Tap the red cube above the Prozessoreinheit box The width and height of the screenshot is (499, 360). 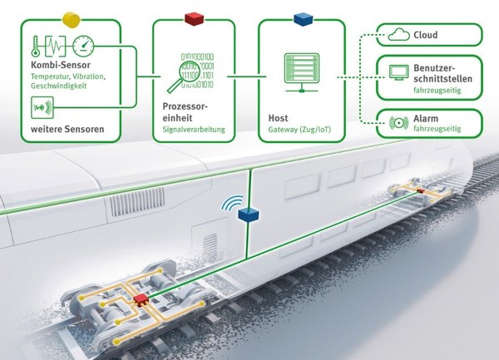click(194, 17)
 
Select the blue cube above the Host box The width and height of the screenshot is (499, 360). click(301, 17)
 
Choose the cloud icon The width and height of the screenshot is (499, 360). click(395, 35)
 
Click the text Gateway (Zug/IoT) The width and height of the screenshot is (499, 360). click(304, 129)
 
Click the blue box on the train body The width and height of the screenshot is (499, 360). click(249, 215)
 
